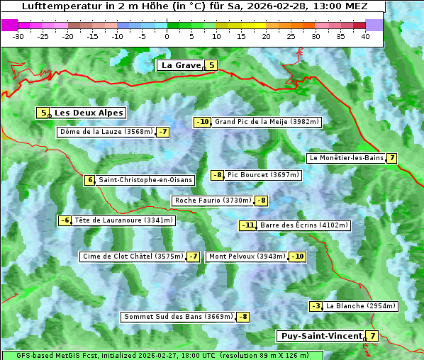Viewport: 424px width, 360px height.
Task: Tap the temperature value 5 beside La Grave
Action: (x=211, y=65)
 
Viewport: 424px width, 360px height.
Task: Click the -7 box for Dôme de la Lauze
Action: (x=163, y=132)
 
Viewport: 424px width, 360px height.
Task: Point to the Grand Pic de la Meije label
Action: (x=267, y=122)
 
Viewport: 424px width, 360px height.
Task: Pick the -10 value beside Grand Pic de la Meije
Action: (x=203, y=122)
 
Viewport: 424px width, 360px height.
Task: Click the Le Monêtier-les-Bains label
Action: (x=346, y=158)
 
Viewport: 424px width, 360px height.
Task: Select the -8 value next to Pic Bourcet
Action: (x=218, y=175)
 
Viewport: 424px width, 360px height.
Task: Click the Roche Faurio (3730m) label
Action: (x=213, y=201)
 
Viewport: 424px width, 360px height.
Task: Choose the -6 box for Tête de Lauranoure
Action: (x=65, y=220)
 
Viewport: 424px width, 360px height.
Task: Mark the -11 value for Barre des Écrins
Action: (x=247, y=225)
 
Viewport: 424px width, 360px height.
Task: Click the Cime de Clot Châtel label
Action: (x=133, y=257)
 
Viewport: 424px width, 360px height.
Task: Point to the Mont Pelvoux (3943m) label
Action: (x=247, y=257)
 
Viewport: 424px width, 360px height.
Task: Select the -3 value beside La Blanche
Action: (x=316, y=306)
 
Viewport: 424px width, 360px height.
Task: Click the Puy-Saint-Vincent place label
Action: (x=321, y=336)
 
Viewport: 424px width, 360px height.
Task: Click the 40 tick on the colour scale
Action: (x=365, y=35)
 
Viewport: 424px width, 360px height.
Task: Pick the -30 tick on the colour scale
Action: (x=18, y=35)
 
